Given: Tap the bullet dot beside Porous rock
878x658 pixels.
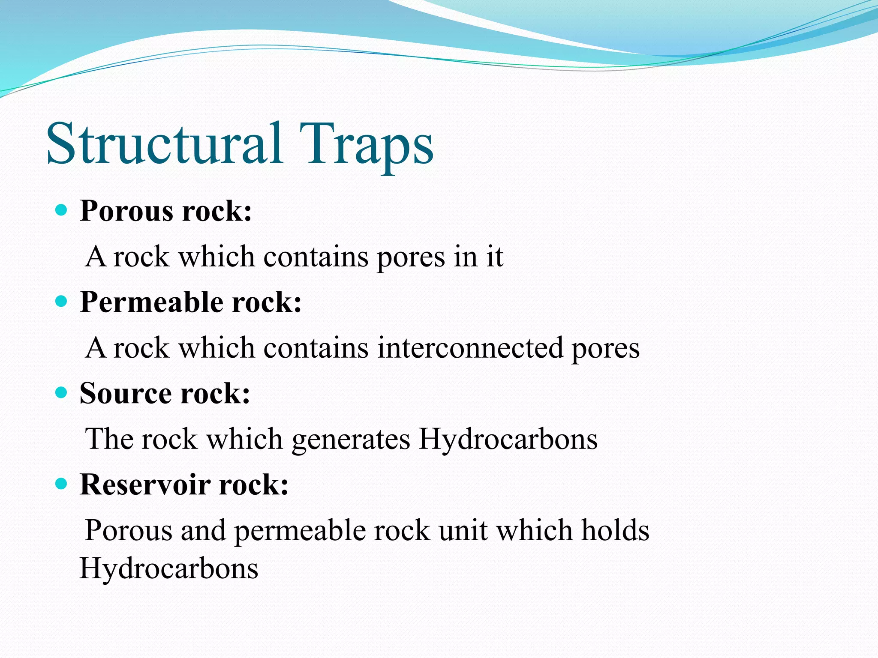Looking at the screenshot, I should click(62, 210).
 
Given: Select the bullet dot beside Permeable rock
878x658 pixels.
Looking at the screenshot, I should click(62, 302).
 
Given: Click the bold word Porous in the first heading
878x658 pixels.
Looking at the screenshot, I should click(127, 211).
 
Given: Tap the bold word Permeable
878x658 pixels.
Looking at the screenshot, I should click(152, 302).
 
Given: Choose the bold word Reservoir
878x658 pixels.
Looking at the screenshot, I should click(145, 485).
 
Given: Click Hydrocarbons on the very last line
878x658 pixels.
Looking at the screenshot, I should click(169, 569).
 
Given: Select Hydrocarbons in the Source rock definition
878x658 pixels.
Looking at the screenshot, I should click(508, 440).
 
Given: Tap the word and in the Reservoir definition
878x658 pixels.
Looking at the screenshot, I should click(203, 531).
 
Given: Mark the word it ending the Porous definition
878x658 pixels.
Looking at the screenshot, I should click(494, 257).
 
